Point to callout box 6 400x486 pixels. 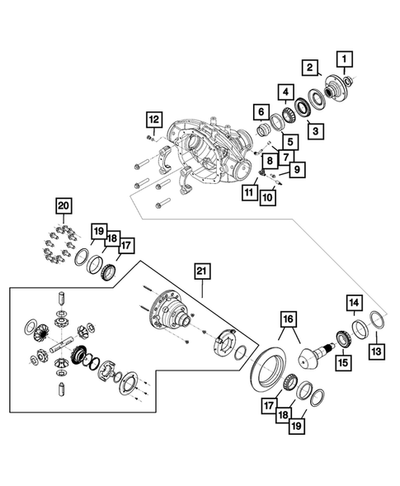[261, 112]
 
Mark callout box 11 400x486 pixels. [248, 192]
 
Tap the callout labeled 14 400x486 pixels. [353, 304]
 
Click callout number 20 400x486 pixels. [64, 205]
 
